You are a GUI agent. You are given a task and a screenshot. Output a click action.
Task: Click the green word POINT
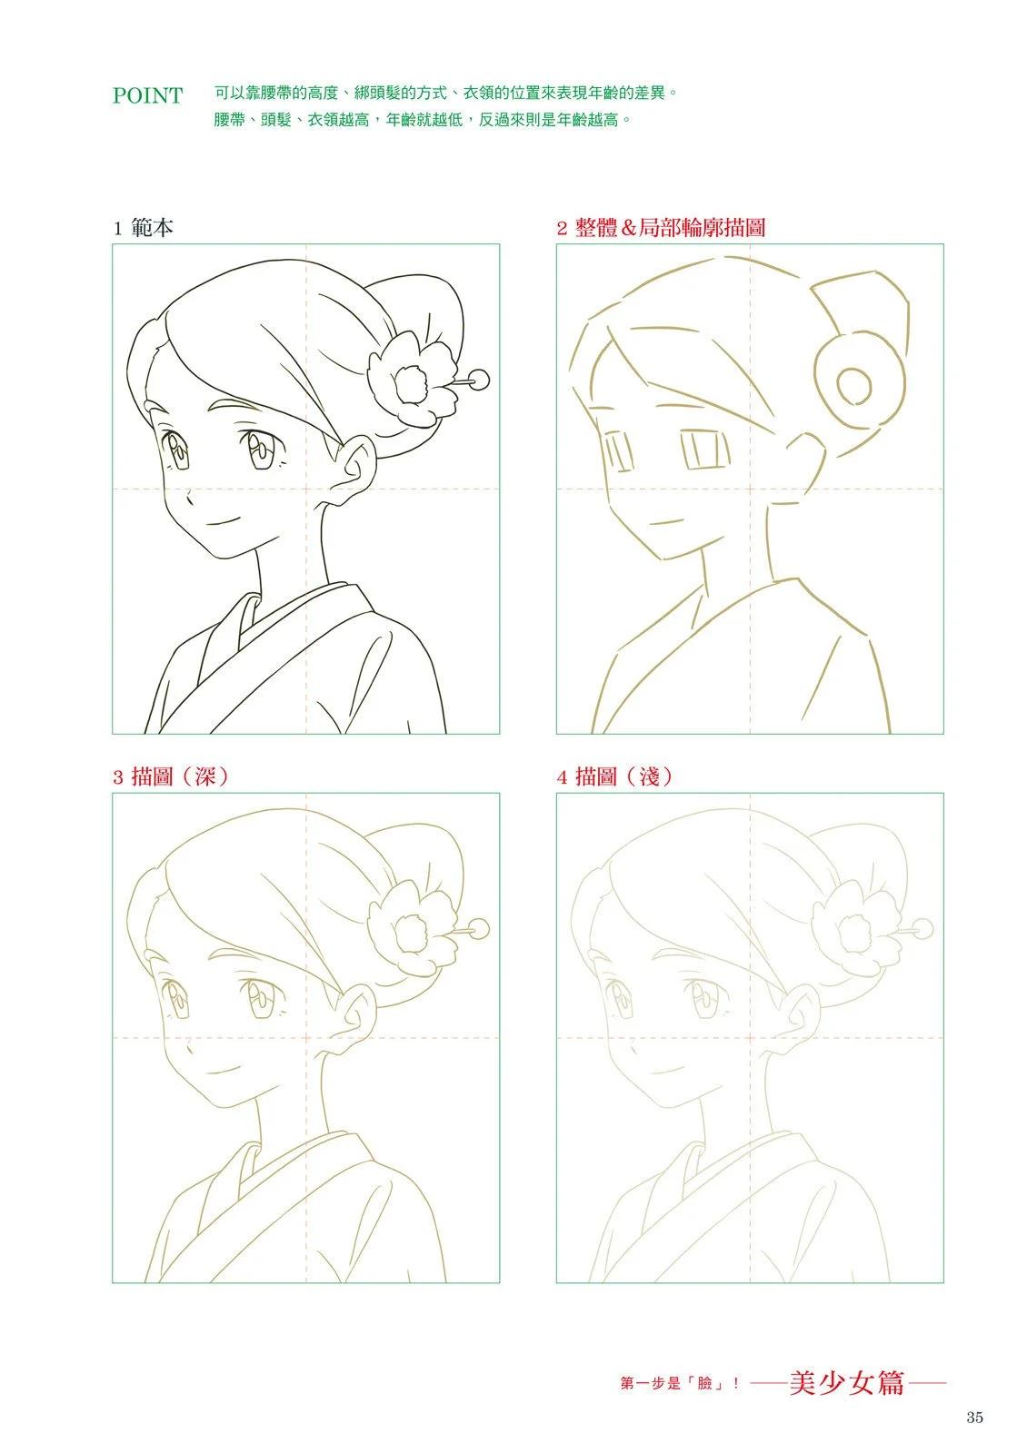point(147,95)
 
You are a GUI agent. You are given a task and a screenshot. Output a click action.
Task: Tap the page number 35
point(973,1418)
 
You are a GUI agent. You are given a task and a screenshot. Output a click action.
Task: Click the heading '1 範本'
point(143,228)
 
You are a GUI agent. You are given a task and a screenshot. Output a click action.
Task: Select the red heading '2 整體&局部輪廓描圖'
point(661,228)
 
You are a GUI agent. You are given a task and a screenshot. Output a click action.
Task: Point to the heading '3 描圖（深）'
point(171,776)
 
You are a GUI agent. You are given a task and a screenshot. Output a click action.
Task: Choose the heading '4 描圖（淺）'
point(614,776)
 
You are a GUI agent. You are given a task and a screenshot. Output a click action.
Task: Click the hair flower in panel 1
point(412,378)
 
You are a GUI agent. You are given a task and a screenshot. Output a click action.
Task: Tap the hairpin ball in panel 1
point(480,379)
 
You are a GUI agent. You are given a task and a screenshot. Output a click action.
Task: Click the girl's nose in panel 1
point(188,499)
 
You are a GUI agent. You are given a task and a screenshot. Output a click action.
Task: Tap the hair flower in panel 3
point(412,925)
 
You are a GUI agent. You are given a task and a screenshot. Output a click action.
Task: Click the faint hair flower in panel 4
point(855,925)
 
